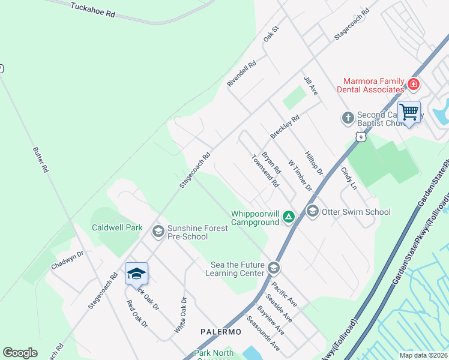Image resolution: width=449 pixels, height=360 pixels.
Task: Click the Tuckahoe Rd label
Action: click(92, 10)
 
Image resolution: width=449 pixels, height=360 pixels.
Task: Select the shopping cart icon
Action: click(409, 112)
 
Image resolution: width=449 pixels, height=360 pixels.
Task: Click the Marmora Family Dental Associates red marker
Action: click(413, 85)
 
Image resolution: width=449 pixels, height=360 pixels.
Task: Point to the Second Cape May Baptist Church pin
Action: click(348, 118)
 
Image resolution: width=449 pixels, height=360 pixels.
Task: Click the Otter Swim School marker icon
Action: click(312, 211)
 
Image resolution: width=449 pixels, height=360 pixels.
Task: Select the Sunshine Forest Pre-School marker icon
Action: click(158, 232)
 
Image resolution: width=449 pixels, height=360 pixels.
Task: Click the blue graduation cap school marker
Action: click(136, 274)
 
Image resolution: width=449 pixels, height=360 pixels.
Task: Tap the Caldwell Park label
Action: click(117, 228)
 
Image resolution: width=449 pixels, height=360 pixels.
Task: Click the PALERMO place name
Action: click(220, 332)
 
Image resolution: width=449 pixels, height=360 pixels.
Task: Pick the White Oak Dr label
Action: click(180, 316)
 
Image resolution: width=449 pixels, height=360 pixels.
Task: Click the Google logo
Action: click(20, 353)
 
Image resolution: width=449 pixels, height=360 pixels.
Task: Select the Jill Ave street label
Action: click(310, 86)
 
